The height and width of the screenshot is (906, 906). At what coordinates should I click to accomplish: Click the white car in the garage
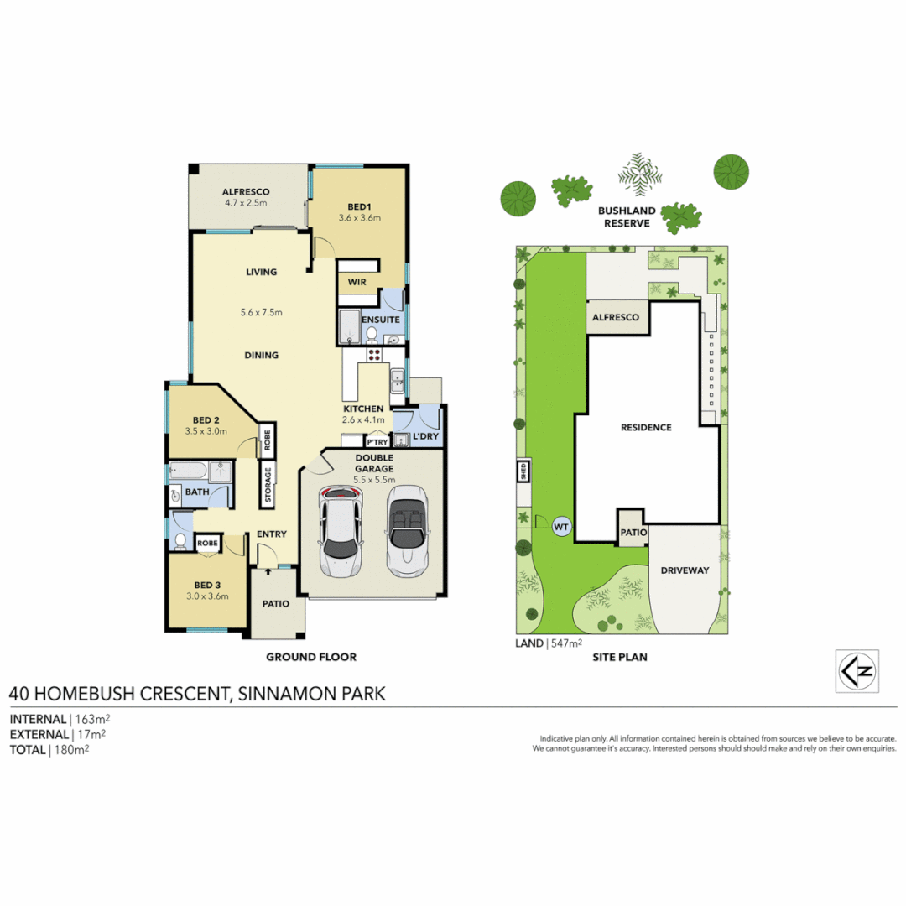click(340, 532)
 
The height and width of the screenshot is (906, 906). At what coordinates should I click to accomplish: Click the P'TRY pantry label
click(377, 441)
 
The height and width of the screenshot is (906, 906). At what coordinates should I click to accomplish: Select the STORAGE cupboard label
click(268, 485)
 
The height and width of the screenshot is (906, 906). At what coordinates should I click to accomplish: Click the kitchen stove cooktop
click(374, 354)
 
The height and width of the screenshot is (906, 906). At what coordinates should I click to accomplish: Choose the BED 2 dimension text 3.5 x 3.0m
click(206, 432)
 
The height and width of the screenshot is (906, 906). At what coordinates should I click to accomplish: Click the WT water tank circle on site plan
click(562, 527)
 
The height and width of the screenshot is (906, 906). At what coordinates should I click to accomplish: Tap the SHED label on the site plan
click(523, 471)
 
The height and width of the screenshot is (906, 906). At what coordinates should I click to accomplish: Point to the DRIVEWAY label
click(685, 570)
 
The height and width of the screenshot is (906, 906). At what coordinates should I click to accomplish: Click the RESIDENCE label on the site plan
click(646, 427)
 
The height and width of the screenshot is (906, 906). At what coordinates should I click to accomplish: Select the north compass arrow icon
click(857, 671)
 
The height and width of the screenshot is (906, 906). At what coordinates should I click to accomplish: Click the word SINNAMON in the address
click(280, 694)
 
